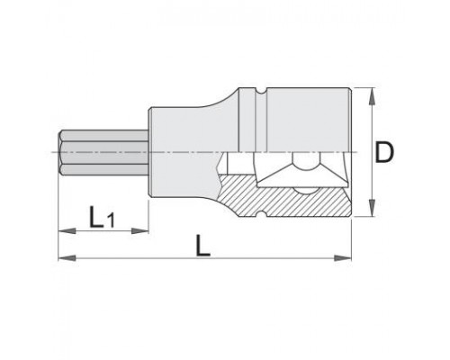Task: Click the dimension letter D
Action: tap(384, 153)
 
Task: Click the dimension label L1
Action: tap(102, 217)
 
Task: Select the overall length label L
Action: tap(202, 246)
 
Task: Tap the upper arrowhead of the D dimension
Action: tap(372, 96)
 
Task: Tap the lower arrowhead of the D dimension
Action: tap(372, 207)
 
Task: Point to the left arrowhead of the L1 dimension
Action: tap(67, 230)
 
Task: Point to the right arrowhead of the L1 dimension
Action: tap(140, 230)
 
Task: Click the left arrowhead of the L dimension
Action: tap(67, 257)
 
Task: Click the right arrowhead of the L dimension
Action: tap(342, 257)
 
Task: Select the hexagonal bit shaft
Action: tap(103, 153)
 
